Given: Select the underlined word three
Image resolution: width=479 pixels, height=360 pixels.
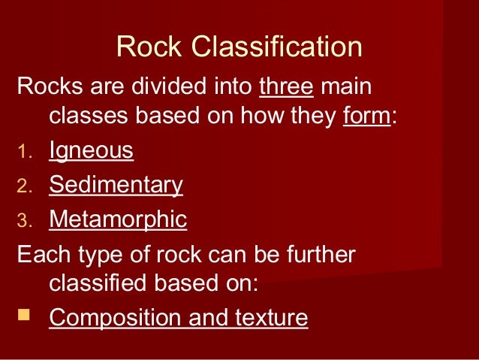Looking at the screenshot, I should click(x=287, y=86).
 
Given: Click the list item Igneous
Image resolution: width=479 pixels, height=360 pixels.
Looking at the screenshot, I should click(x=91, y=152).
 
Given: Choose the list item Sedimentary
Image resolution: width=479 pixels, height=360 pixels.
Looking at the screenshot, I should click(x=116, y=185).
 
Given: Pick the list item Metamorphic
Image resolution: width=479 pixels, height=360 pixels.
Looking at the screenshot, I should click(x=118, y=219).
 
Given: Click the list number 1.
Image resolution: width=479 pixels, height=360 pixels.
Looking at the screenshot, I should click(x=24, y=153).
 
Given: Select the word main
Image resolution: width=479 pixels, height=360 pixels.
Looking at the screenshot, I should click(x=345, y=86).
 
